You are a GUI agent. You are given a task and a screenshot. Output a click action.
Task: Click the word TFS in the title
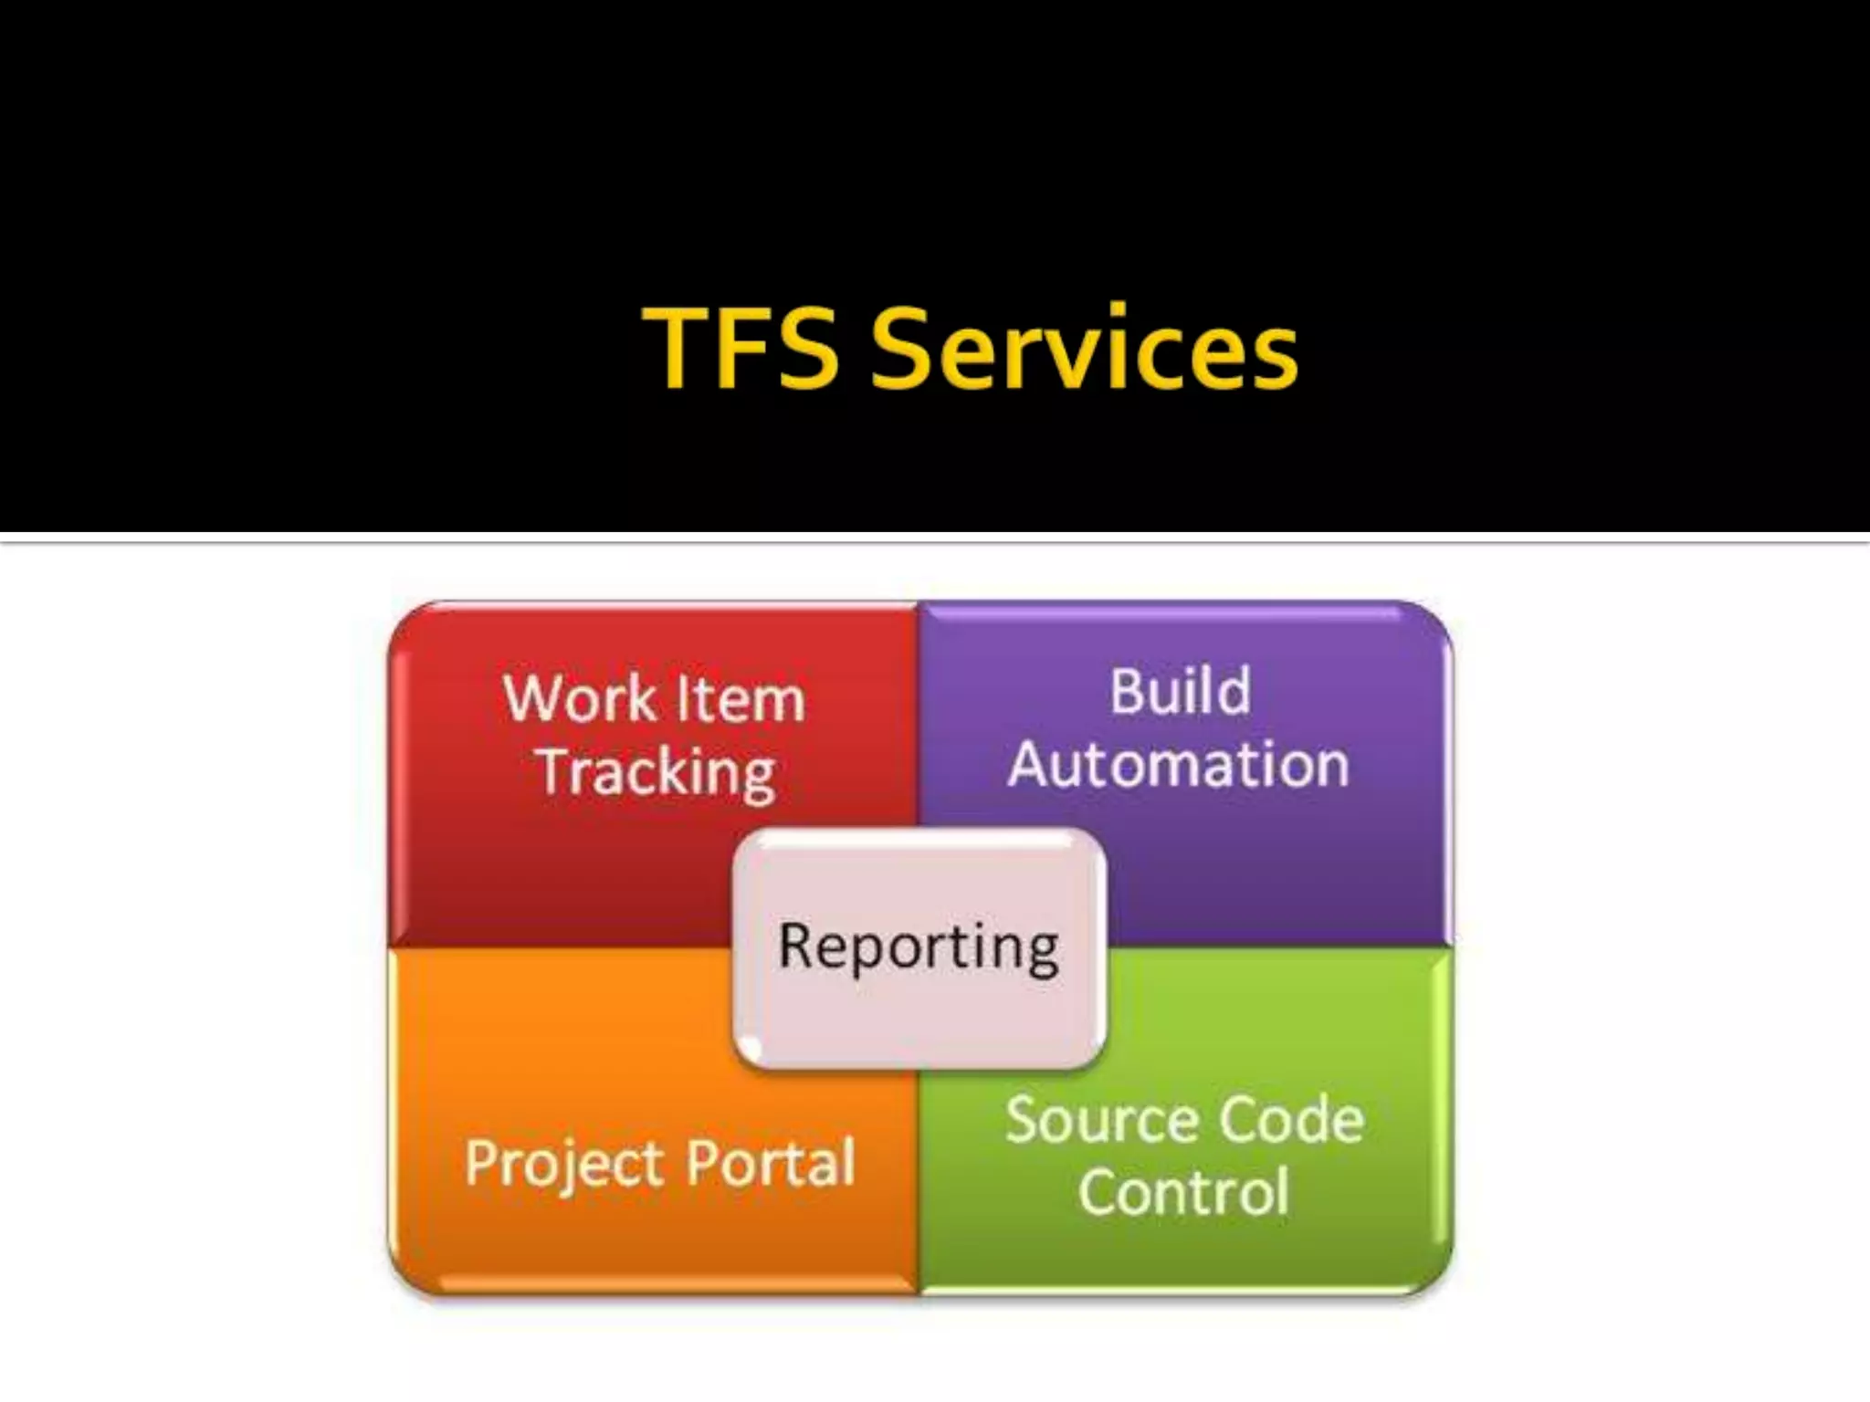741,348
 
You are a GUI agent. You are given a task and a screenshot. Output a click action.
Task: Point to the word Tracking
657,773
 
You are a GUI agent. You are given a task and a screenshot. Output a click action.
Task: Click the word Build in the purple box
1180,691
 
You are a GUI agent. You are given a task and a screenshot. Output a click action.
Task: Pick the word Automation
1179,764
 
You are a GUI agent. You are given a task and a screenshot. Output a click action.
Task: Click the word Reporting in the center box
919,947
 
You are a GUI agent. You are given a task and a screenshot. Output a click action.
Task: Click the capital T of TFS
677,348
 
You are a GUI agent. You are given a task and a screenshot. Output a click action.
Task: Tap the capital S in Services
902,348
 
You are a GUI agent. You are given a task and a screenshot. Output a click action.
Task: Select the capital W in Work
534,699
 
